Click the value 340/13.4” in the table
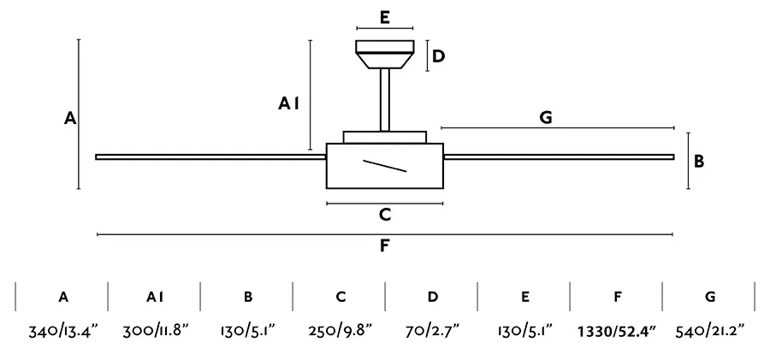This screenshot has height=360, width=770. point(63,332)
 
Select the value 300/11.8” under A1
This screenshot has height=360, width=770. point(156,331)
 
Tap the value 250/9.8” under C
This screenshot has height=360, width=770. point(341,331)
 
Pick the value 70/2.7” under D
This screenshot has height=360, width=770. point(433,331)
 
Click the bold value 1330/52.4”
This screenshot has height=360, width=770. point(617,332)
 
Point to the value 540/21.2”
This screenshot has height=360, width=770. point(710,331)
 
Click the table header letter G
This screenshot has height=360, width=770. point(710,297)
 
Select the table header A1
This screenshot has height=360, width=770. point(155,297)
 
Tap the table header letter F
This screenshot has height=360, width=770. point(618,297)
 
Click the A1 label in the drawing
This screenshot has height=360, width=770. point(289,103)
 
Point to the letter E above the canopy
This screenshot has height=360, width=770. point(385,18)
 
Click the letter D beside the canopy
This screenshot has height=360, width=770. point(439,56)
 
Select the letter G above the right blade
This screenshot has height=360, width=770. point(546,117)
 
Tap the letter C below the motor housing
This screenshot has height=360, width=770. point(385,215)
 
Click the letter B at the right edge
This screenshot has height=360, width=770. point(699,161)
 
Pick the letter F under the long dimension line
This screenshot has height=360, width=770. point(384,245)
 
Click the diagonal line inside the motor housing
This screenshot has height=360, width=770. point(384,166)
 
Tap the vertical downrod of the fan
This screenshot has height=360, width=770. point(385,100)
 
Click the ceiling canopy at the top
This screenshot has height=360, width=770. point(385,54)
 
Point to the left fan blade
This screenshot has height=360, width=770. point(211,157)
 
